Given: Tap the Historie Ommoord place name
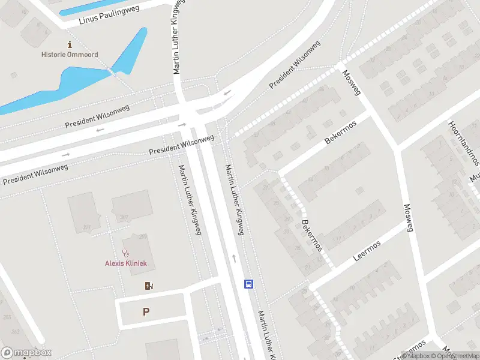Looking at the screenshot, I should point(70,55).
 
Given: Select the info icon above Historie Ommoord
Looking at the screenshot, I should point(70,44).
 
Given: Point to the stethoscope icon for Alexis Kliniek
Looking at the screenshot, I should point(125,254).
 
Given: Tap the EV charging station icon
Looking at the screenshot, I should point(149,286).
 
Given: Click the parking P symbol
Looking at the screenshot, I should point(146,312).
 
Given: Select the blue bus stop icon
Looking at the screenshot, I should point(248,284).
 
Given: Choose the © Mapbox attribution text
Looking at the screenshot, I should point(416,356).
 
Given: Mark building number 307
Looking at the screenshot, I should point(124,217).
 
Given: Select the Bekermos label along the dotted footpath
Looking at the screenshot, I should point(313,234).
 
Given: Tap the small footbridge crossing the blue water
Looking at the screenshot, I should point(111,71).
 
